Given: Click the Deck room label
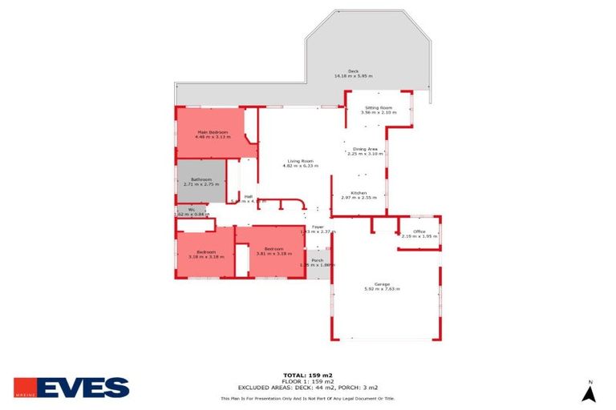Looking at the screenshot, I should [353, 71].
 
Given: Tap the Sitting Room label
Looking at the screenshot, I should [378, 107].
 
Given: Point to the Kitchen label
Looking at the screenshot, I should [358, 193].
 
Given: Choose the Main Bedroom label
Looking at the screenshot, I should [213, 132].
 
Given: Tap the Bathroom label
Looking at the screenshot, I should [201, 179].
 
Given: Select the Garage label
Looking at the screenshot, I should [382, 284].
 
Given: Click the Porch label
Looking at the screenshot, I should [317, 259].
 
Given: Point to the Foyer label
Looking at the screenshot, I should [318, 227].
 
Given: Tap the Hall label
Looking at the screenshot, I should [249, 196].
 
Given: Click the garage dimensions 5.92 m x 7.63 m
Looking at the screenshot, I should [382, 289].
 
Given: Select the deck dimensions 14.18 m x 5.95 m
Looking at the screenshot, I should [353, 76].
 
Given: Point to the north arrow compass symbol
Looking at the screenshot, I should [590, 392].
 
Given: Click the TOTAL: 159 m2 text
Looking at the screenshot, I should [308, 375].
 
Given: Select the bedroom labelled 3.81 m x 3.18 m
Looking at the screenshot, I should [274, 251].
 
